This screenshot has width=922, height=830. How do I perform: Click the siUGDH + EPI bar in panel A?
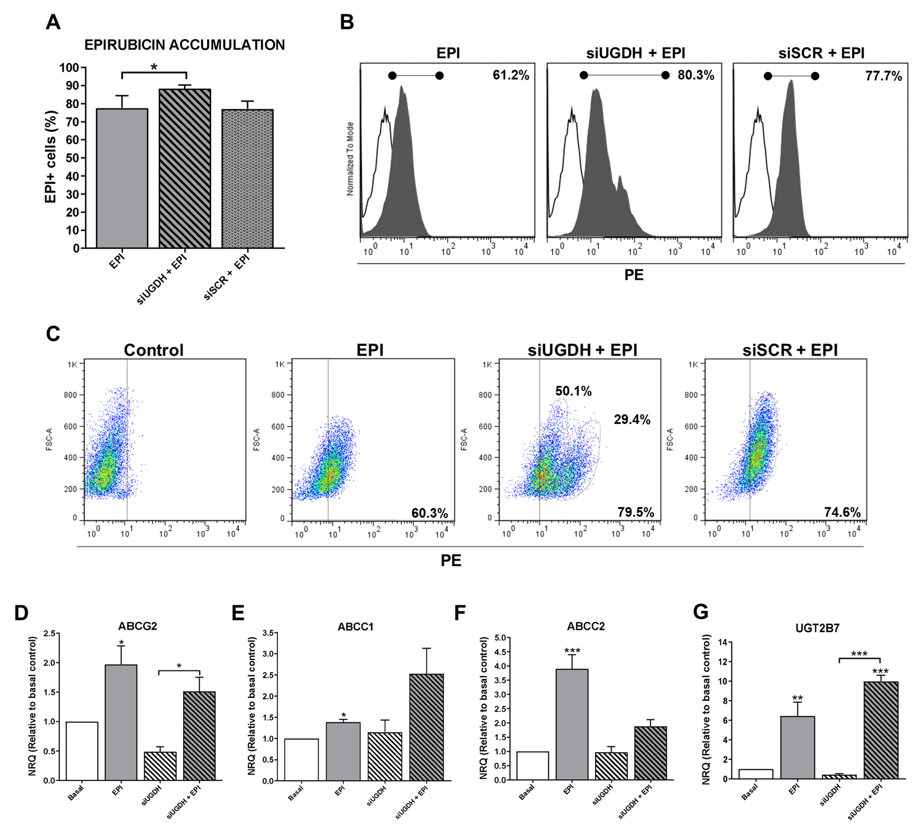pos(185,169)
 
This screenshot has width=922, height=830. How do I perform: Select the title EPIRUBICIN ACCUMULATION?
pos(185,45)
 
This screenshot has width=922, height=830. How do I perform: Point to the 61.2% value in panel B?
pos(511,75)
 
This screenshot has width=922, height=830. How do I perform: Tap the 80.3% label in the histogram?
pos(696,75)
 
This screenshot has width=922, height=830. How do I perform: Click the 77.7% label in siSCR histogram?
pos(883,76)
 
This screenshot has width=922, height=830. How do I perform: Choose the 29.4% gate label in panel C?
pos(632,420)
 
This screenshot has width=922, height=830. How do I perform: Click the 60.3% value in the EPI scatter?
pos(429,513)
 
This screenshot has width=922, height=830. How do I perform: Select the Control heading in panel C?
pos(154,350)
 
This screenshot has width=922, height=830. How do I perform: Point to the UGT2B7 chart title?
pos(817,628)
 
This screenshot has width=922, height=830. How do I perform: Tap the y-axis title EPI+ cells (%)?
pos(51,157)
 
